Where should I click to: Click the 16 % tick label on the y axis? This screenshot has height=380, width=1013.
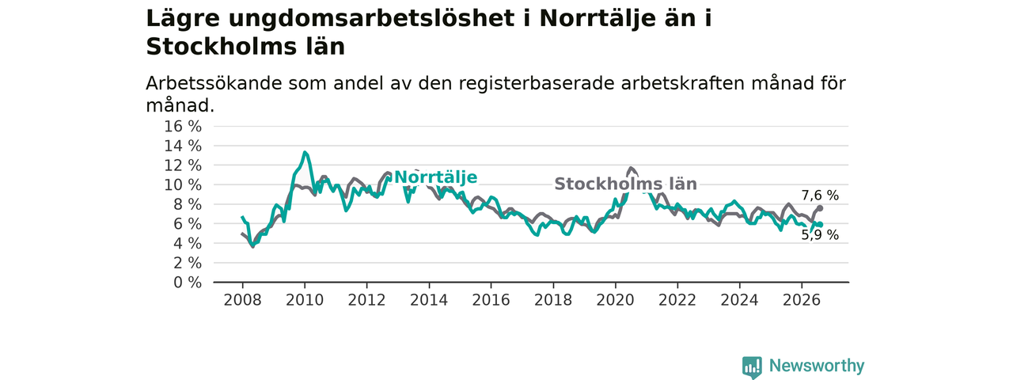tap(183, 126)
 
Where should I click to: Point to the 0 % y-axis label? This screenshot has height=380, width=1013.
tap(188, 283)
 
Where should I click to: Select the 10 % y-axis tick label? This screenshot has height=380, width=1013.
tap(183, 184)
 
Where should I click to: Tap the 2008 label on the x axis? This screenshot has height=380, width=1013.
tap(242, 300)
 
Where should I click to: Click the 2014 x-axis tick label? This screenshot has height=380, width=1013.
tap(429, 300)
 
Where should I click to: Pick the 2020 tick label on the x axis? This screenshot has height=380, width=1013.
tap(615, 300)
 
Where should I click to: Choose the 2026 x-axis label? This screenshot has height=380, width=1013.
tap(802, 300)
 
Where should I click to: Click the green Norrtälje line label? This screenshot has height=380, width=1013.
tap(435, 177)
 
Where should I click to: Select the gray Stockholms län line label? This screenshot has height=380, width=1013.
tap(625, 184)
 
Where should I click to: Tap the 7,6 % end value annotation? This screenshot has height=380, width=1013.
tap(820, 196)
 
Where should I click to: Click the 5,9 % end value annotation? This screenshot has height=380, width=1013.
tap(820, 235)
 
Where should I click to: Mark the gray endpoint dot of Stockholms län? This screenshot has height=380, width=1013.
tap(820, 208)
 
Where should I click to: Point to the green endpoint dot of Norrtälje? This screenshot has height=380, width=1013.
tap(820, 224)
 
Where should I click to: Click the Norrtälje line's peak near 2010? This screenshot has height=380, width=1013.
tap(305, 153)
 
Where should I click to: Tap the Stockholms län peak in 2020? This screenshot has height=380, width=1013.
tap(631, 169)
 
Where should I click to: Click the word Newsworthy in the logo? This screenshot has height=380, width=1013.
tap(817, 365)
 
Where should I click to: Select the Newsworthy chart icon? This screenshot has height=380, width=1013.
tap(752, 367)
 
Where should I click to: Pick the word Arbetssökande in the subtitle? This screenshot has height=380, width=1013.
tap(214, 83)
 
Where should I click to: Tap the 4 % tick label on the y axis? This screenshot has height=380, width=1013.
tap(188, 243)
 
